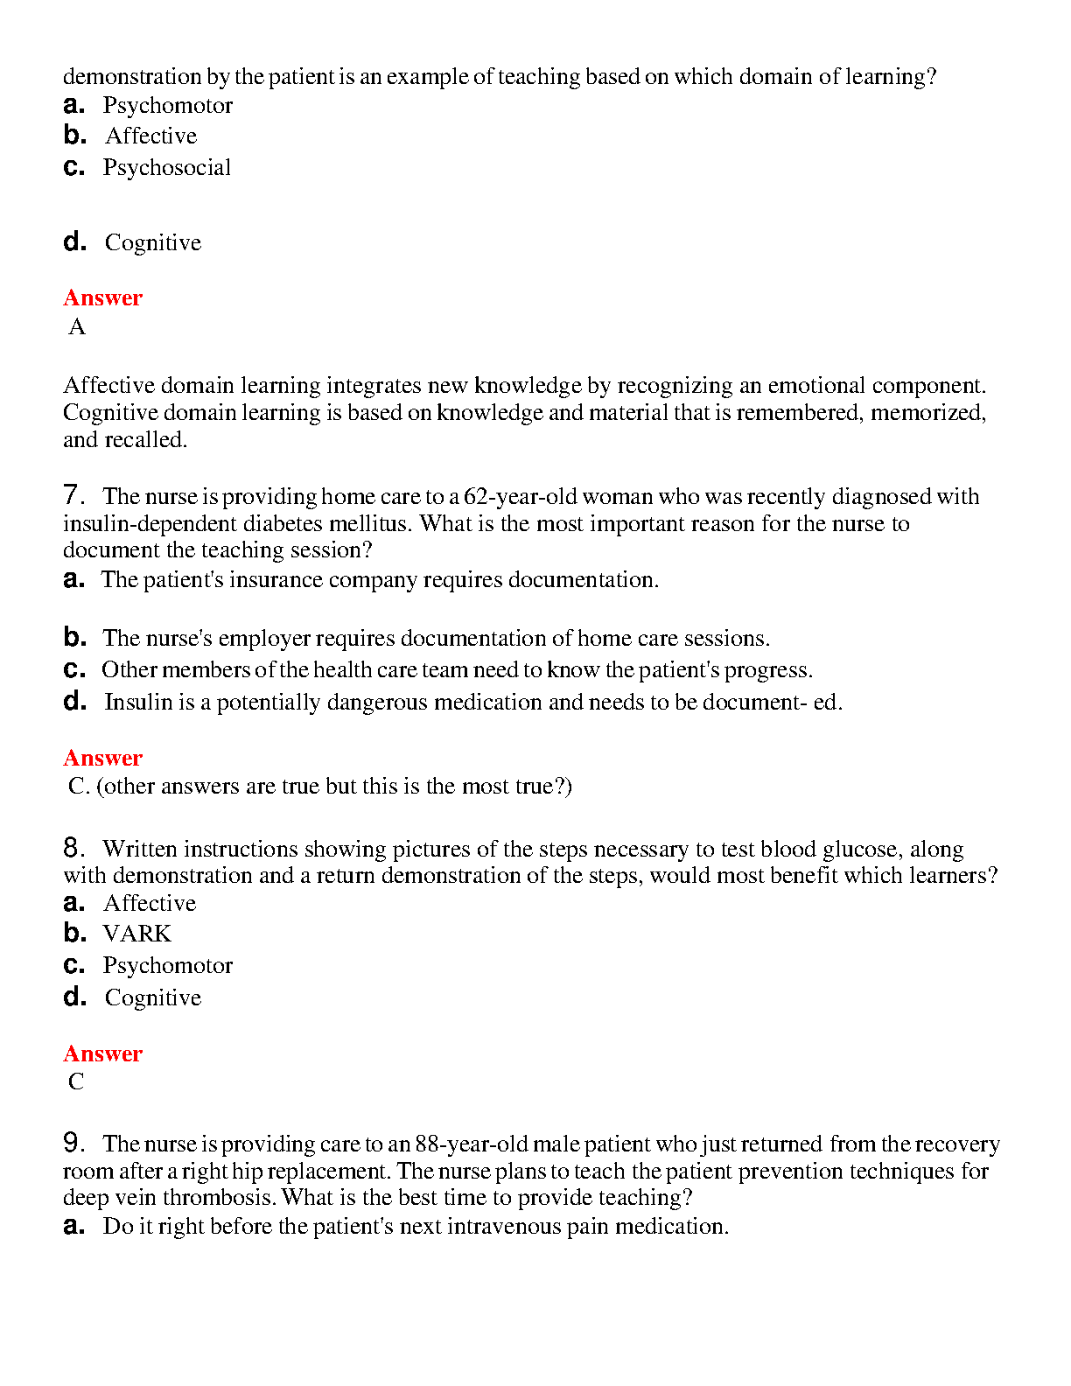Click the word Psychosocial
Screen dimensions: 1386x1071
click(x=166, y=168)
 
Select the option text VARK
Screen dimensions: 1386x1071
click(x=137, y=934)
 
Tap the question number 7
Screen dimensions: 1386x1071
click(x=73, y=496)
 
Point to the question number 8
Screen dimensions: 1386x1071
click(x=73, y=849)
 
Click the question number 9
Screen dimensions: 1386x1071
click(x=73, y=1144)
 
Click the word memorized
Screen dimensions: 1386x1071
click(x=927, y=413)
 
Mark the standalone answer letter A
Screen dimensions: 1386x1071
click(x=77, y=327)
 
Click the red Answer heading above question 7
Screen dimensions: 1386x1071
click(x=102, y=297)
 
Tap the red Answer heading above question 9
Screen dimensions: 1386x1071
click(x=102, y=1053)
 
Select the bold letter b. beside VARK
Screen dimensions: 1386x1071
click(x=75, y=934)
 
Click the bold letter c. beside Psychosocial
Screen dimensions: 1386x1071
click(x=74, y=167)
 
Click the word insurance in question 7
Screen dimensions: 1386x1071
click(x=276, y=580)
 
